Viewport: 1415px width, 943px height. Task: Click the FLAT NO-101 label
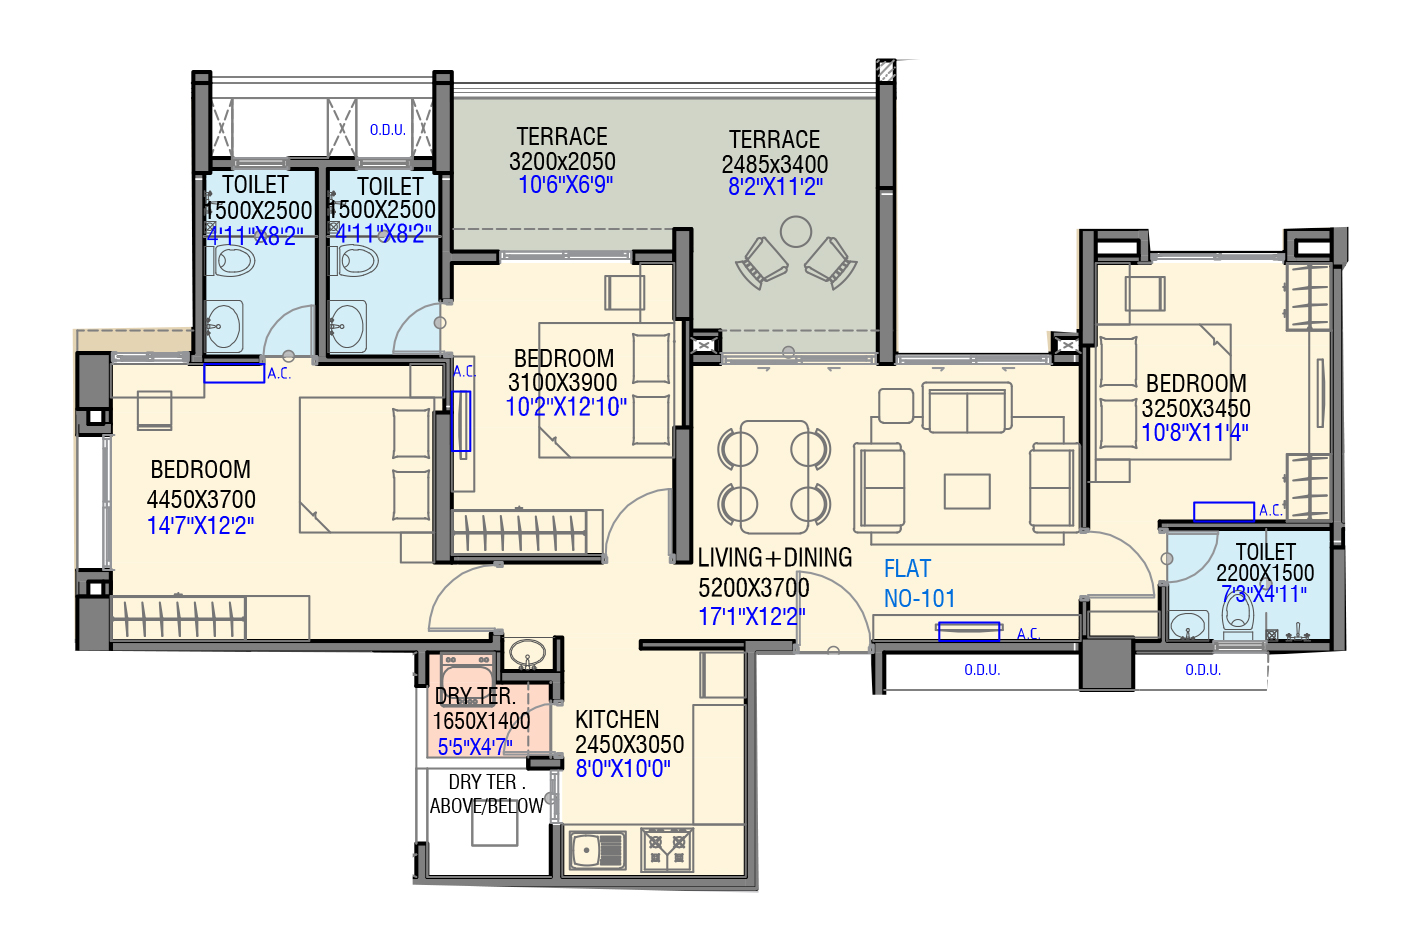click(919, 584)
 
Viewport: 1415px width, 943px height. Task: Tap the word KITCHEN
click(617, 720)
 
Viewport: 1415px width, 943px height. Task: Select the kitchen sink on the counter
click(597, 850)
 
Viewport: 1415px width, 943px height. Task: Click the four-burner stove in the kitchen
click(667, 850)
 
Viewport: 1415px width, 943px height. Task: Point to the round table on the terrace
click(796, 232)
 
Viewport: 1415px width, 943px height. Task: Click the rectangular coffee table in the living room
click(967, 492)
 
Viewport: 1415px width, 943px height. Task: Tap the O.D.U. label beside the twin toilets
click(388, 130)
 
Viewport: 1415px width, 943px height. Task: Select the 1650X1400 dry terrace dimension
click(481, 721)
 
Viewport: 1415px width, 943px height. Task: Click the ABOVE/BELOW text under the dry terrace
click(487, 806)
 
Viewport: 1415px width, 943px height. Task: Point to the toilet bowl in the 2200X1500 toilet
click(1238, 619)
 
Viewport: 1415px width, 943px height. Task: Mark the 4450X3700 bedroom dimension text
click(201, 499)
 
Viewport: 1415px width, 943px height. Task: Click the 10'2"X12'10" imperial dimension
click(566, 407)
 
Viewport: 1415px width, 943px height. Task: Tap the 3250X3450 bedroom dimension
click(1196, 408)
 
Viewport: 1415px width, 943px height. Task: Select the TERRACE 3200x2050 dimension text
click(562, 162)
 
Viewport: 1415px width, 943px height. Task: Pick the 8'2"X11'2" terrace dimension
click(775, 187)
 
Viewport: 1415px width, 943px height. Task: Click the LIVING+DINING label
click(775, 558)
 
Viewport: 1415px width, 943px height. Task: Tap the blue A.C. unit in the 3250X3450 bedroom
click(1223, 512)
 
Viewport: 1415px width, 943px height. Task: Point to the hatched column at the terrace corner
click(885, 71)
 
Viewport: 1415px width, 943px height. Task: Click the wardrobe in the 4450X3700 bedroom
click(178, 618)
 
